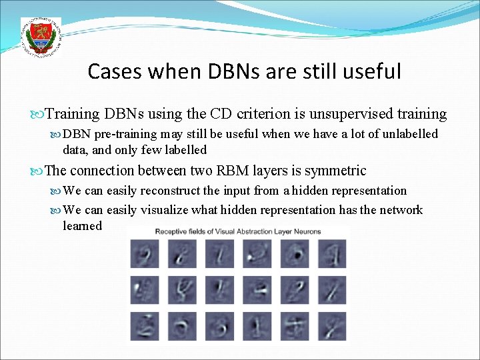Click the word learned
click(82, 225)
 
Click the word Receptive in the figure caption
click(173, 231)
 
